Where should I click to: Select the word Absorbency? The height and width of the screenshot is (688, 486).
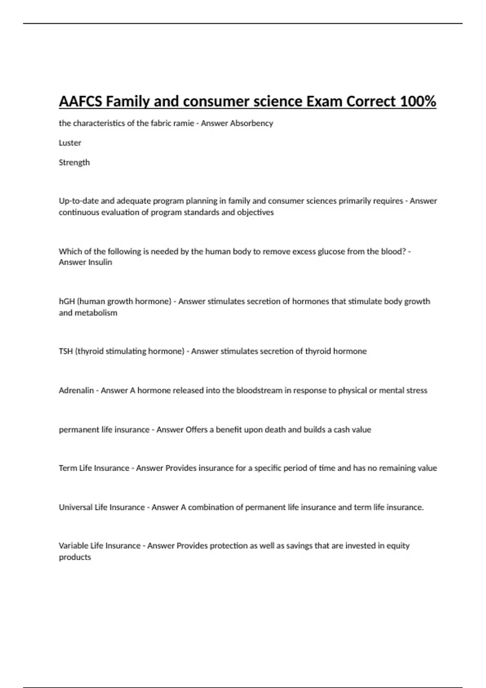pos(252,123)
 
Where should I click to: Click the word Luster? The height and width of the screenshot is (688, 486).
pos(70,143)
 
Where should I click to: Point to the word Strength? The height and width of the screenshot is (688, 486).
pos(74,162)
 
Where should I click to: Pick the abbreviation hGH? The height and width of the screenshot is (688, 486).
pos(67,302)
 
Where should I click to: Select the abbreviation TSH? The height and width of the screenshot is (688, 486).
pos(66,351)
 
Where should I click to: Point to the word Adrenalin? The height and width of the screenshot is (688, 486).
pos(76,391)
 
